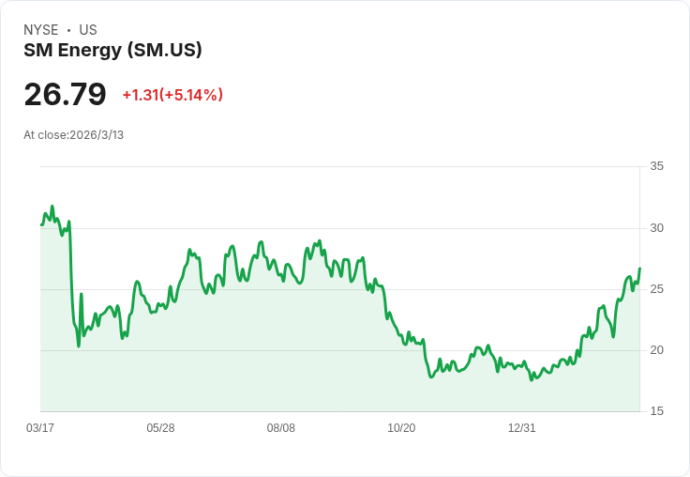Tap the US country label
tap(88, 30)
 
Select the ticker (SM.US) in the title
tap(165, 50)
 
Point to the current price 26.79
tap(65, 94)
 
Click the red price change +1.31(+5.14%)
tap(172, 95)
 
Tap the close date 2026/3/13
tap(97, 135)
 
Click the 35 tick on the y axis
tap(656, 166)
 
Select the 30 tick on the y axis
tap(656, 228)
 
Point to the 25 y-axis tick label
tap(656, 289)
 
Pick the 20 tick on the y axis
tap(656, 350)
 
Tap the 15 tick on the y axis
tap(656, 411)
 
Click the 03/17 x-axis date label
tap(40, 428)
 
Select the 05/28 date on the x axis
tap(160, 428)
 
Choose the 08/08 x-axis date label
tap(281, 428)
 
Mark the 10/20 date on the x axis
tap(401, 428)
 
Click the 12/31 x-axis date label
tap(521, 428)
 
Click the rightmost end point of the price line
tap(639, 269)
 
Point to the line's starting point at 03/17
tap(41, 224)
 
